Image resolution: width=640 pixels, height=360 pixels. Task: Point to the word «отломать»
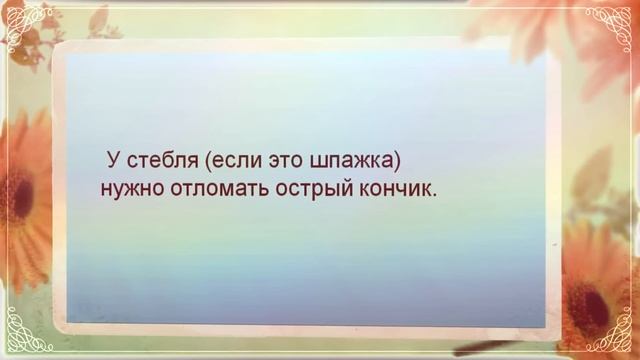[206, 188]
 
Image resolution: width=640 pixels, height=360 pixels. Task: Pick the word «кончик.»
[396, 188]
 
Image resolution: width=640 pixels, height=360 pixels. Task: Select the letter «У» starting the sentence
[112, 160]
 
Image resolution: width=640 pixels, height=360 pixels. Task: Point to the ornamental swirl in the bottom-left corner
[28, 334]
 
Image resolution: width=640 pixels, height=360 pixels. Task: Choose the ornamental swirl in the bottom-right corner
[609, 334]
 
